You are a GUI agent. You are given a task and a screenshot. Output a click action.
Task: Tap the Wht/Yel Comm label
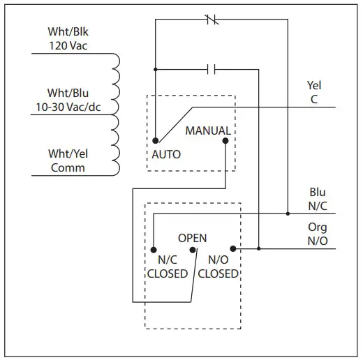[x=67, y=161]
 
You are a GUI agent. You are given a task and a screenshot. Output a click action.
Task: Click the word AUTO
[x=165, y=154]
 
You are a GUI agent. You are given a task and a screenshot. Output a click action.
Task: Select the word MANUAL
[x=208, y=130]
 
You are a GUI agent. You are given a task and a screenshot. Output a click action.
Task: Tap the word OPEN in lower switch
[x=192, y=238]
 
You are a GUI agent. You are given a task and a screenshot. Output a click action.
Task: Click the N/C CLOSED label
[x=167, y=267]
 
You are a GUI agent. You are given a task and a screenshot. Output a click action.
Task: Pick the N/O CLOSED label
[x=218, y=267]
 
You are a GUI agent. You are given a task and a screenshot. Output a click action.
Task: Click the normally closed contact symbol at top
[x=214, y=20]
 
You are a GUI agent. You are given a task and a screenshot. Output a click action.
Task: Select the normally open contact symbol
[x=214, y=68]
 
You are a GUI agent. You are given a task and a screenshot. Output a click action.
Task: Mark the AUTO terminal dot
[x=155, y=140]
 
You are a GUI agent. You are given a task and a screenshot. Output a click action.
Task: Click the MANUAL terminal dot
[x=225, y=140]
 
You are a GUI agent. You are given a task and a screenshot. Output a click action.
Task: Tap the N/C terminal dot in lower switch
[x=153, y=248]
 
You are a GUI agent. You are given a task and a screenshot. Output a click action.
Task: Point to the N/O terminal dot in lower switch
[x=233, y=248]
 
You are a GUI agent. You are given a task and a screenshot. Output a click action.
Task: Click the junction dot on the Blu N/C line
[x=288, y=213]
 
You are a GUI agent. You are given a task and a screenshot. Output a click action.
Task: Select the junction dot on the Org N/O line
[x=259, y=248]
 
